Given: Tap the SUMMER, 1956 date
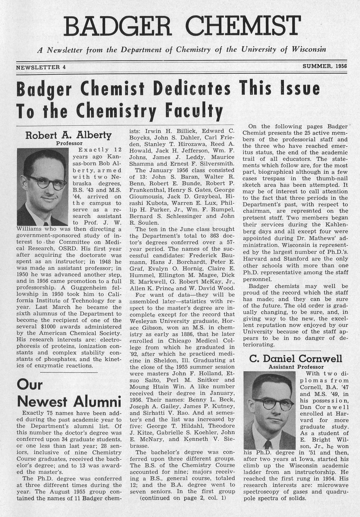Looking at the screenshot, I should pos(324,66).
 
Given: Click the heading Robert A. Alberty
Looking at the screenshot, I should pos(69,135).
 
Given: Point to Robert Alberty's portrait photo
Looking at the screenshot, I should pos(42,187).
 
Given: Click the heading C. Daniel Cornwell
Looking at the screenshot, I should pos(296,359).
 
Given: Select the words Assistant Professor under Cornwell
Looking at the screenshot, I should pos(296,367).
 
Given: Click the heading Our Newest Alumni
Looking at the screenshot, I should pos(69,393).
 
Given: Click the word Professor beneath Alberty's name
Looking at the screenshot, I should pos(69,143).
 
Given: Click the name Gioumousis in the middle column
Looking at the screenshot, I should pos(148,196).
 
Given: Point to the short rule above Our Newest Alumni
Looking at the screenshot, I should pos(69,372).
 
